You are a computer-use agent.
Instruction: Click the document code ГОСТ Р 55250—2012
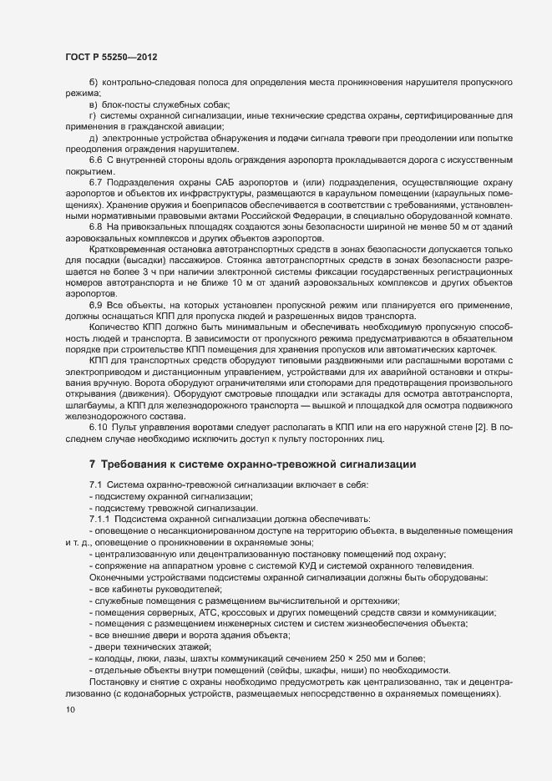110,57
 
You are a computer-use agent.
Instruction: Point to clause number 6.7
95,182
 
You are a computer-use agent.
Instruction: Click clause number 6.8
95,227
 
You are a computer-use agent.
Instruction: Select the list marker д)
94,137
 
